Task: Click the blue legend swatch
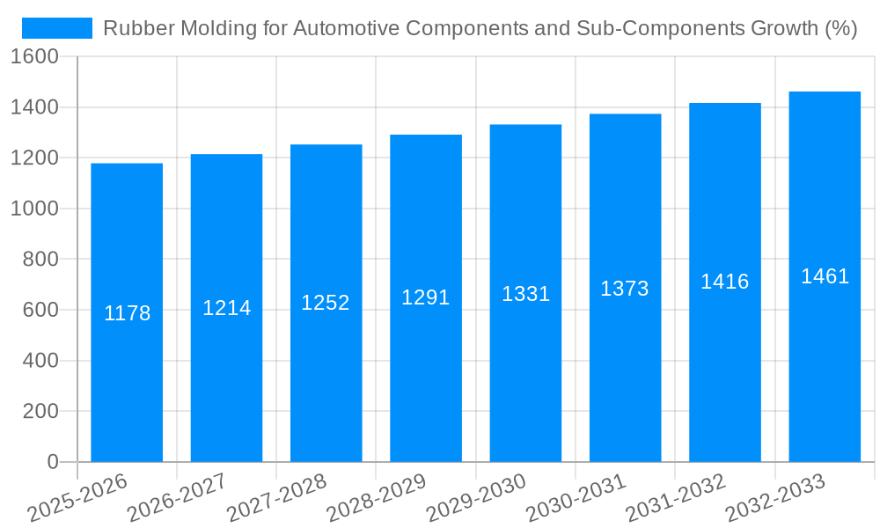coord(57,28)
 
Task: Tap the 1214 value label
coord(227,308)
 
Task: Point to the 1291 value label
coord(426,297)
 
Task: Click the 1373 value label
coord(625,288)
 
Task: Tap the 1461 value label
coord(825,276)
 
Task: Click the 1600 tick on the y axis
coord(35,56)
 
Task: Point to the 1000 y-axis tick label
coord(35,209)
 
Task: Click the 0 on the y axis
coord(52,462)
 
